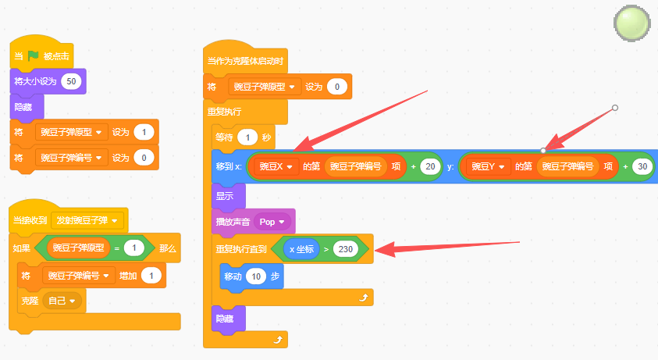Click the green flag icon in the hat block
(x=33, y=55)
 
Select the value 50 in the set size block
(x=71, y=81)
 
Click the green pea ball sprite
(x=632, y=23)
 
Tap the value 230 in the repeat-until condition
(x=345, y=249)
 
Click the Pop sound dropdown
(x=272, y=222)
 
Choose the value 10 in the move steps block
(x=256, y=276)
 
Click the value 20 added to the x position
(x=430, y=167)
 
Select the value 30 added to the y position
(x=642, y=167)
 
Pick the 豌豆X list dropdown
(x=276, y=167)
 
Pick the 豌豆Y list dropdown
(x=488, y=167)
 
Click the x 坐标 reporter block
(x=301, y=249)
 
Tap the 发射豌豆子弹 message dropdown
(x=87, y=220)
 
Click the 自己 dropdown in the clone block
(x=62, y=301)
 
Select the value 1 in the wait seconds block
(x=247, y=137)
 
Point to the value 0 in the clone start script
(x=336, y=87)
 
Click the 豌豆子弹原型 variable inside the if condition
(x=79, y=248)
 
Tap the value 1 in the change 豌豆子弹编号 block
(x=151, y=276)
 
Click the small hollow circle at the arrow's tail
(x=615, y=108)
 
